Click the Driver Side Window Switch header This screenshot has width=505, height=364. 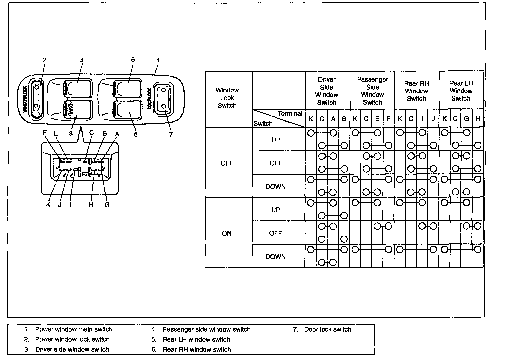pyautogui.click(x=327, y=91)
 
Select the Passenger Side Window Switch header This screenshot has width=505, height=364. pyautogui.click(x=372, y=91)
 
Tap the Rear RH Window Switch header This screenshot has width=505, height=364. pyautogui.click(x=416, y=91)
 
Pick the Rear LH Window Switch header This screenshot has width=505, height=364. pyautogui.click(x=461, y=91)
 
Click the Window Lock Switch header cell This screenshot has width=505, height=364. pyautogui.click(x=227, y=98)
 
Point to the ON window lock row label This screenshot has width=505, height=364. pyautogui.click(x=227, y=233)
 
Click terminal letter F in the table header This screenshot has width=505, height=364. pyautogui.click(x=388, y=119)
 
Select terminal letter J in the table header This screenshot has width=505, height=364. pyautogui.click(x=433, y=119)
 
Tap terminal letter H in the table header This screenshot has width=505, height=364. pyautogui.click(x=478, y=119)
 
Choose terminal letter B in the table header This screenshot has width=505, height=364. pyautogui.click(x=344, y=119)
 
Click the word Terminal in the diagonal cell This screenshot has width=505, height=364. pyautogui.click(x=290, y=114)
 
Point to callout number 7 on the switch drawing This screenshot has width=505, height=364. pyautogui.click(x=171, y=135)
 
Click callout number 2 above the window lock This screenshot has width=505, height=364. pyautogui.click(x=45, y=60)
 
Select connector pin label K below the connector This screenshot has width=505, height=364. pyautogui.click(x=48, y=205)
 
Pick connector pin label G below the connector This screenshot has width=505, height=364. pyautogui.click(x=107, y=205)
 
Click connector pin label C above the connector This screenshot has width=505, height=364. pyautogui.click(x=92, y=133)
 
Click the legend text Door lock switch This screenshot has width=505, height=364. pyautogui.click(x=327, y=329)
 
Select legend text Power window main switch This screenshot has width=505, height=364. pyautogui.click(x=73, y=329)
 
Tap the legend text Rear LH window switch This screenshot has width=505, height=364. pyautogui.click(x=196, y=339)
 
